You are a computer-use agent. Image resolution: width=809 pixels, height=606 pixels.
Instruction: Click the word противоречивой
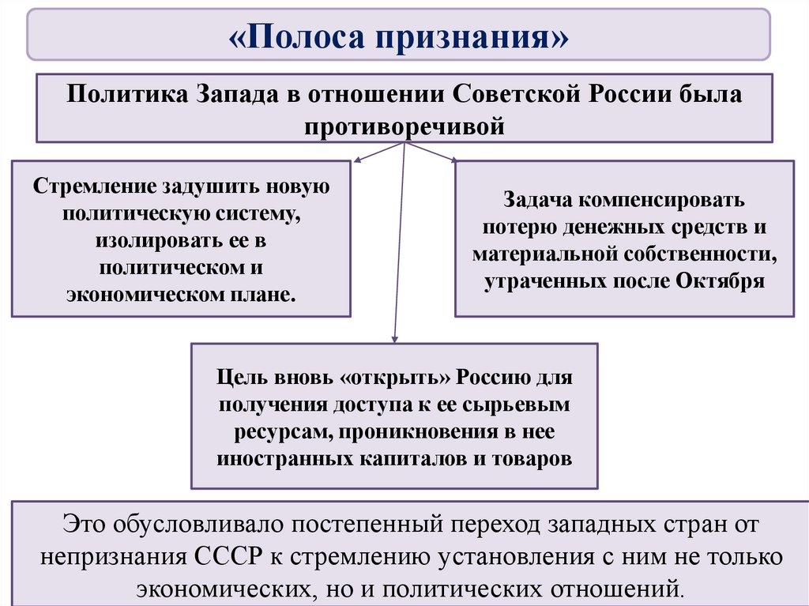click(404, 126)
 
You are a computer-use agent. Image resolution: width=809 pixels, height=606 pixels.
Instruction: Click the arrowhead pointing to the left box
click(357, 161)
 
